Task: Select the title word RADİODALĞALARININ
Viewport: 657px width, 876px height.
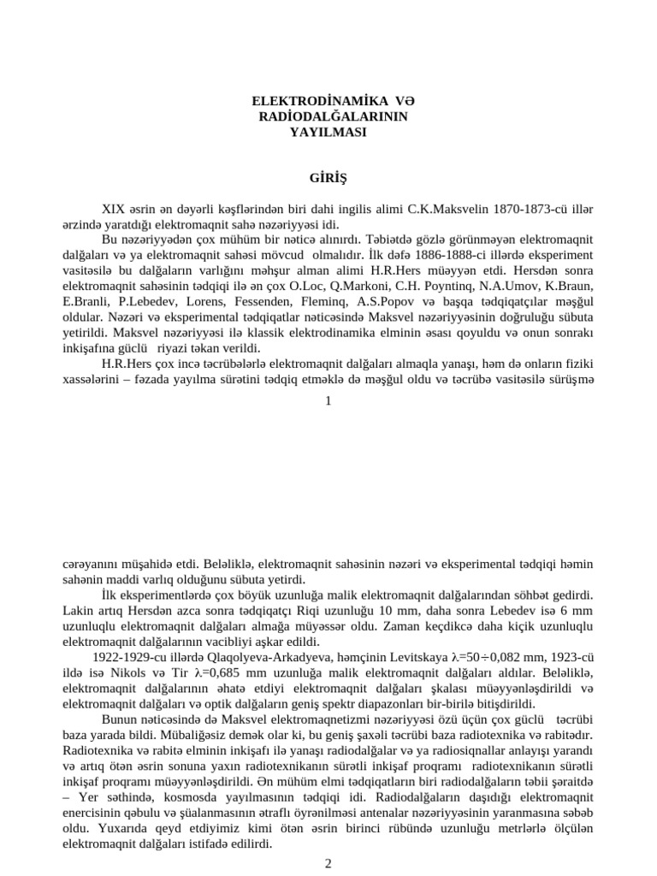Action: click(x=328, y=117)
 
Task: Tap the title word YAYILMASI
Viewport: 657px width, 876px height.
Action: click(x=328, y=133)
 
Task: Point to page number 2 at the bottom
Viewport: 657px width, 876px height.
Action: click(x=328, y=863)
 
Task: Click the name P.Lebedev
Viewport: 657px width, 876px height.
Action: click(x=139, y=300)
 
